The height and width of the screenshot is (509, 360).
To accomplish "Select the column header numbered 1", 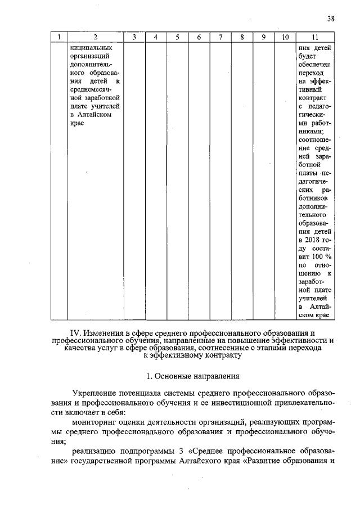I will (58, 37).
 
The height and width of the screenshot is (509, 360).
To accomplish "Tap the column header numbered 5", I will (177, 37).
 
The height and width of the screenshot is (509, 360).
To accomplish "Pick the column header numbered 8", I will (241, 37).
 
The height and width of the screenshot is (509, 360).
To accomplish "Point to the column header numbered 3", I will (134, 37).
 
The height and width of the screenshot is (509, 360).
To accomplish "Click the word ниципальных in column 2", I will (88, 47).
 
